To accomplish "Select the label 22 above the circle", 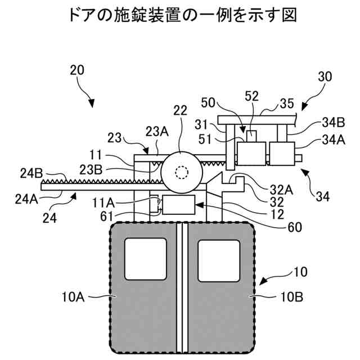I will pyautogui.click(x=180, y=112).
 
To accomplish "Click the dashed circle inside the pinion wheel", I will pyautogui.click(x=181, y=172).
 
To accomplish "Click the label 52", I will pyautogui.click(x=251, y=97).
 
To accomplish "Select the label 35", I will pyautogui.click(x=287, y=103).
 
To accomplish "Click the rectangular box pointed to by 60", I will pyautogui.click(x=178, y=205).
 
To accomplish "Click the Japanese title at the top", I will pyautogui.click(x=181, y=15).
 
